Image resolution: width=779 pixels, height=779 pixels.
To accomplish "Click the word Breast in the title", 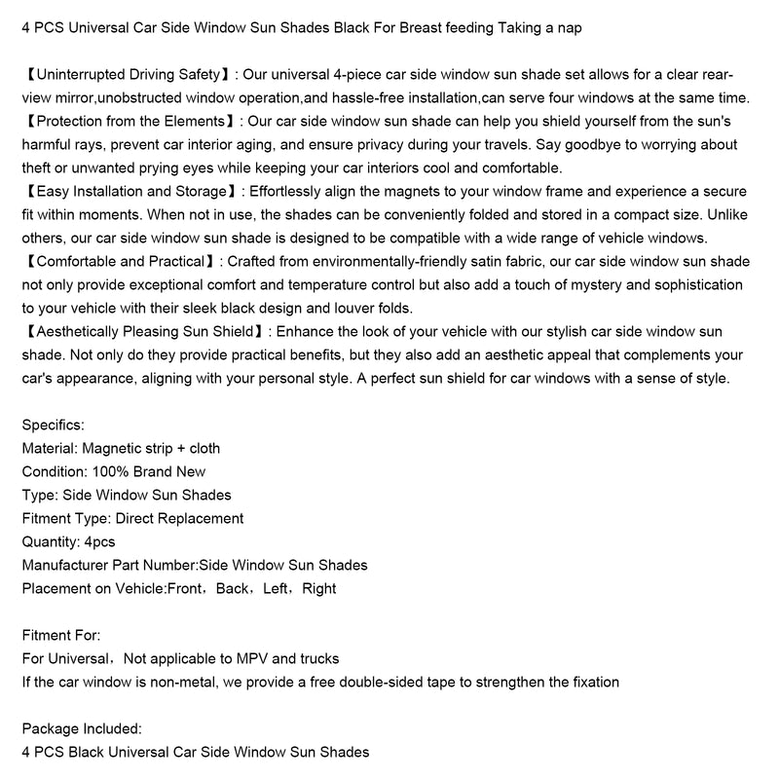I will click(387, 27).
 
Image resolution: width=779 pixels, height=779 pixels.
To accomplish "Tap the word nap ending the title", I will click(569, 27).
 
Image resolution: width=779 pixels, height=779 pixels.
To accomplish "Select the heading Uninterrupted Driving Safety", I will click(126, 74).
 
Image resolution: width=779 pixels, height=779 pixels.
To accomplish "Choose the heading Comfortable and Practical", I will click(116, 262).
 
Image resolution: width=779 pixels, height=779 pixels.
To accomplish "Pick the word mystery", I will click(572, 284).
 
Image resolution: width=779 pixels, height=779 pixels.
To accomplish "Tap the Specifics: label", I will click(53, 425).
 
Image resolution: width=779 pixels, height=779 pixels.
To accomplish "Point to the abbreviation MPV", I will click(257, 658).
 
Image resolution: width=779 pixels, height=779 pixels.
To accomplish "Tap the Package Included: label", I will click(81, 728).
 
